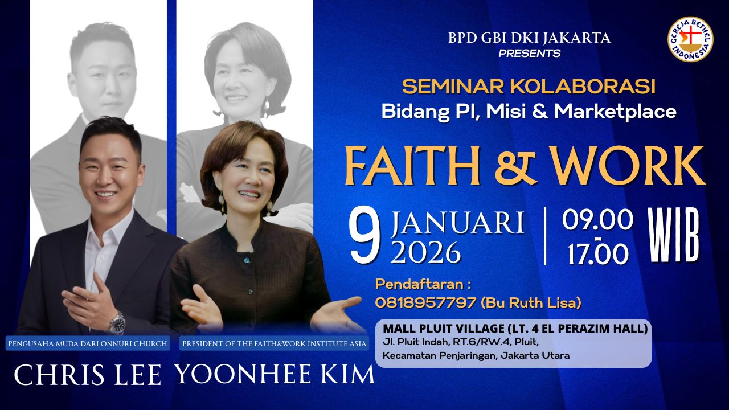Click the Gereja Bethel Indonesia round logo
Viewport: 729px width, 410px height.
690,39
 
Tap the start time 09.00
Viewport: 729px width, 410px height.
597,220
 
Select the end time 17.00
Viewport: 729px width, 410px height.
598,254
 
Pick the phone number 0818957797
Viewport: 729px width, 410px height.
425,303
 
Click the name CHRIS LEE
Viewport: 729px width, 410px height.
88,375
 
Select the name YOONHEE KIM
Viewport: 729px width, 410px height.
275,374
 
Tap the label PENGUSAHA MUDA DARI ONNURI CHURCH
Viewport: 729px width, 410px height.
88,343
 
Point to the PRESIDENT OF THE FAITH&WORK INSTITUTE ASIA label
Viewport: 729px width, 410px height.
274,343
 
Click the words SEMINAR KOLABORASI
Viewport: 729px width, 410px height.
529,87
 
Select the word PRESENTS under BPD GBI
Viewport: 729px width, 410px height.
529,54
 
